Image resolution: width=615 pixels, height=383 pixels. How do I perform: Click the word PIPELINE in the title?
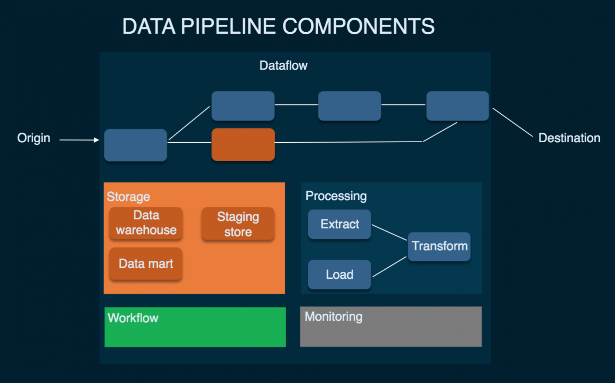(228, 27)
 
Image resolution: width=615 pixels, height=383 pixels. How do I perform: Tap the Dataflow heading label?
(283, 65)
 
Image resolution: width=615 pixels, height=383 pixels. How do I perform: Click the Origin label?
(34, 138)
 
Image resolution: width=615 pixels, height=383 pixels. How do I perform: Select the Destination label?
(569, 138)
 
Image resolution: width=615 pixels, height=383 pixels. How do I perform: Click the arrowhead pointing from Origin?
(96, 140)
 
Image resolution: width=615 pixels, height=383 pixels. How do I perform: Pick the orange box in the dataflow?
(243, 145)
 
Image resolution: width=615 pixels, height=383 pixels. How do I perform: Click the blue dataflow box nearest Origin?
(136, 145)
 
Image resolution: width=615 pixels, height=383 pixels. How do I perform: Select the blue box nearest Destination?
(457, 106)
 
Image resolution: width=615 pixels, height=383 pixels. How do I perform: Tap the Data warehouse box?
(146, 223)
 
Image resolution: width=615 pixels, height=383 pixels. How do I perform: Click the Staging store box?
(238, 224)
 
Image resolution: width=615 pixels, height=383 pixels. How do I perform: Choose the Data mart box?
(146, 263)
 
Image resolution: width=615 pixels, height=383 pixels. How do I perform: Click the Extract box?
(340, 224)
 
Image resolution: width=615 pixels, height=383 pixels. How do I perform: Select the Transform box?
(439, 246)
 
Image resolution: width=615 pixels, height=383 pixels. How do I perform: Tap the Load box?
(340, 274)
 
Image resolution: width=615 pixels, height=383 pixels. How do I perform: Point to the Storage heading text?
(128, 196)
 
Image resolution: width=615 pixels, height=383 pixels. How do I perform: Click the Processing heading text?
(336, 196)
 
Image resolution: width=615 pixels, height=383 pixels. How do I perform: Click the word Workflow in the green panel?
(133, 318)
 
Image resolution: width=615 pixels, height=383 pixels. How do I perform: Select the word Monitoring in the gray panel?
(333, 316)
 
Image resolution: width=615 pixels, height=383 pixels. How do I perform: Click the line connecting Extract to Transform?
(389, 232)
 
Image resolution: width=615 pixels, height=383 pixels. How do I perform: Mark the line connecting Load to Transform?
(389, 267)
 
